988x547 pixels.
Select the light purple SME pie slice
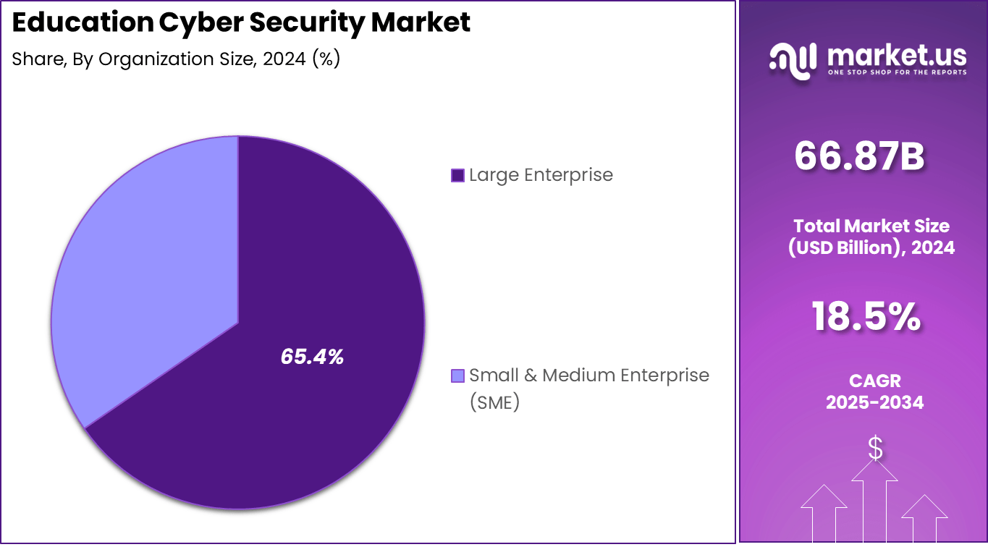tap(145, 275)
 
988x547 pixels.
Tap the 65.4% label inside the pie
tap(312, 356)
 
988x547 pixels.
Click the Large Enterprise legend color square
tap(457, 175)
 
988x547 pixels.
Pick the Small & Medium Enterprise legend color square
tap(457, 376)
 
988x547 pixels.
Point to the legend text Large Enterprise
tap(541, 175)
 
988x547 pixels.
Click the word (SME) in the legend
tap(494, 402)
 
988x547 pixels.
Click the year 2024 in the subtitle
tap(284, 59)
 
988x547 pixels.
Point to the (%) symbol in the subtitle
tap(325, 59)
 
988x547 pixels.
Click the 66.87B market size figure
tap(859, 156)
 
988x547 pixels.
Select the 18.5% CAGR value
tap(866, 317)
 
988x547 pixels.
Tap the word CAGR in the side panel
tap(874, 381)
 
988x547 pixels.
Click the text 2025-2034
tap(874, 403)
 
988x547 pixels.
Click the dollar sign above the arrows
tap(875, 449)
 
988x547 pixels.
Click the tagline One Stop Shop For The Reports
tap(897, 72)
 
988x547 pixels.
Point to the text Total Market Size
tap(871, 226)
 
